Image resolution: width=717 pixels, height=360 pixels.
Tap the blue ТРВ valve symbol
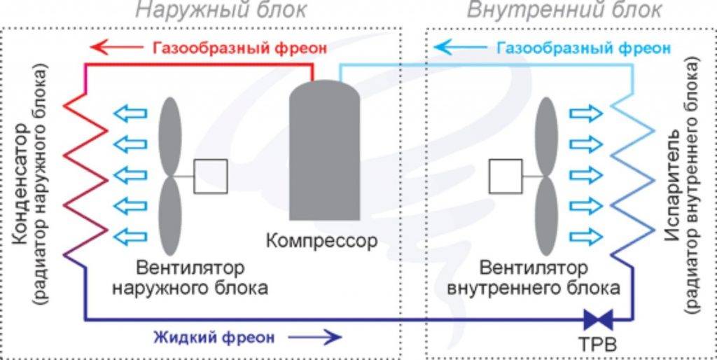599,319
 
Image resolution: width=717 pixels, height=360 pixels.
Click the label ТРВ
599,347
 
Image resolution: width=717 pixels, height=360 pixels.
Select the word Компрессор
322,242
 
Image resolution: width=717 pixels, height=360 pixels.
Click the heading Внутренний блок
564,11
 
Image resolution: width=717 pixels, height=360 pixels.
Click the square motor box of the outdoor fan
210,176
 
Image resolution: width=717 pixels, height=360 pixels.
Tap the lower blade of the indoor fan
546,217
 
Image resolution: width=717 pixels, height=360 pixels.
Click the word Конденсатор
20,186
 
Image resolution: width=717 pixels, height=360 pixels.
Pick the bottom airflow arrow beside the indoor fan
585,234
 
